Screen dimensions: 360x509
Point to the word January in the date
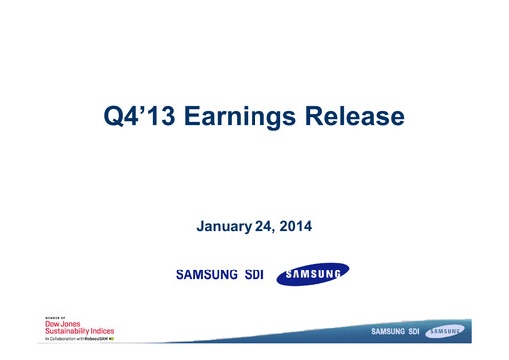(228, 227)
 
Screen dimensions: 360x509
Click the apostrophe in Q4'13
(157, 110)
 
